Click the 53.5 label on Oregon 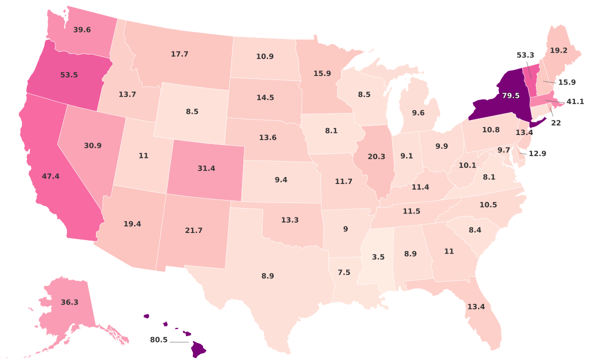tap(69, 75)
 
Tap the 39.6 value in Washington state tap(82, 30)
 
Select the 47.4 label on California tap(51, 176)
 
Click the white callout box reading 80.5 tap(159, 340)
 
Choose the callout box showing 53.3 tap(525, 55)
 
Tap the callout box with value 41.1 tap(575, 101)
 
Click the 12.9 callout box tap(537, 153)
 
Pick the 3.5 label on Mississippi tap(378, 257)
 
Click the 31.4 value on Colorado tap(206, 168)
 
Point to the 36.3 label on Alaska tap(69, 302)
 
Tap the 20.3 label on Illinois tap(376, 156)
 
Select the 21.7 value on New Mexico tap(193, 230)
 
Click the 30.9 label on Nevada tap(93, 145)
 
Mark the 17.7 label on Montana tap(179, 54)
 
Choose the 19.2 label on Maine tap(558, 50)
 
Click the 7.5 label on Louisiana tap(344, 272)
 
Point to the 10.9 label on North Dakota tap(264, 56)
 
